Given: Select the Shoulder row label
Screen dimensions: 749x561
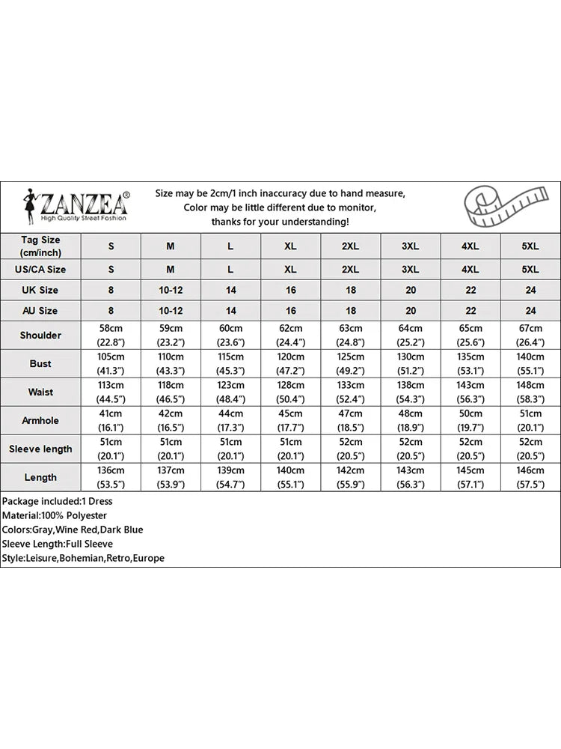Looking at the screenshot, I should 40,335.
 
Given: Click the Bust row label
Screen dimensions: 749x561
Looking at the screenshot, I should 40,363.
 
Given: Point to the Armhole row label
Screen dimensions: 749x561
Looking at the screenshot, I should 40,420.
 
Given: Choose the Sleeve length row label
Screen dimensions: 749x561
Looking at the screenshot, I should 40,449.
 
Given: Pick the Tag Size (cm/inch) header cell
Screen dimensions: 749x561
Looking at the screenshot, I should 40,246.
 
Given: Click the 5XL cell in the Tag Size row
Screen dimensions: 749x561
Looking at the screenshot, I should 530,246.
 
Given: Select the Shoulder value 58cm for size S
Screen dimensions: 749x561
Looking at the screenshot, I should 111,328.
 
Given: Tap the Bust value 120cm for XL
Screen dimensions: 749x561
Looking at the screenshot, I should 290,357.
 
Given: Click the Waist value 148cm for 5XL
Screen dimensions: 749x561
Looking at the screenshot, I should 530,385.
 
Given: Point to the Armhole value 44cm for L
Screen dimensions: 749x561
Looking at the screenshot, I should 230,413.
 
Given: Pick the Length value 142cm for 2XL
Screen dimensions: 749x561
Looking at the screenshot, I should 350,470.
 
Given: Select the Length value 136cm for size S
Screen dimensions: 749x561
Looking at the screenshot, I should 111,470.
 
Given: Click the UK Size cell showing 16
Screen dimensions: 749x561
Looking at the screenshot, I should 290,290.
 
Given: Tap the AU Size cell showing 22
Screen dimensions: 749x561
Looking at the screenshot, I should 470,310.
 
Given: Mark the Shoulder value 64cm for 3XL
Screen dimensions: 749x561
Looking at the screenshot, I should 410,328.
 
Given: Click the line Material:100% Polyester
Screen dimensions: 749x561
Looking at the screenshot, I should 55,515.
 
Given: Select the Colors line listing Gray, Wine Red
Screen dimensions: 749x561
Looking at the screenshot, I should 72,530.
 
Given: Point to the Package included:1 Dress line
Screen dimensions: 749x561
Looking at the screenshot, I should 58,501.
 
